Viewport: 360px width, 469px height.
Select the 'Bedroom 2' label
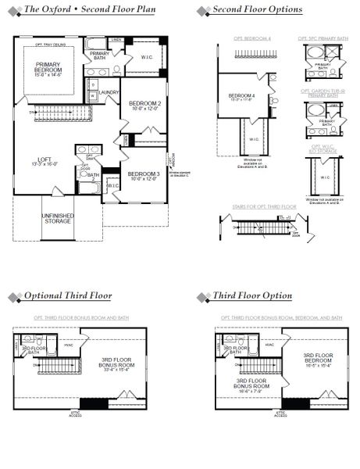[144, 106]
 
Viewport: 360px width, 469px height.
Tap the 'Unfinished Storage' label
[56, 218]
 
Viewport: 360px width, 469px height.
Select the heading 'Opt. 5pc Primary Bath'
[322, 38]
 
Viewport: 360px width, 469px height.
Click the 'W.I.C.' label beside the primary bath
[148, 56]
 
